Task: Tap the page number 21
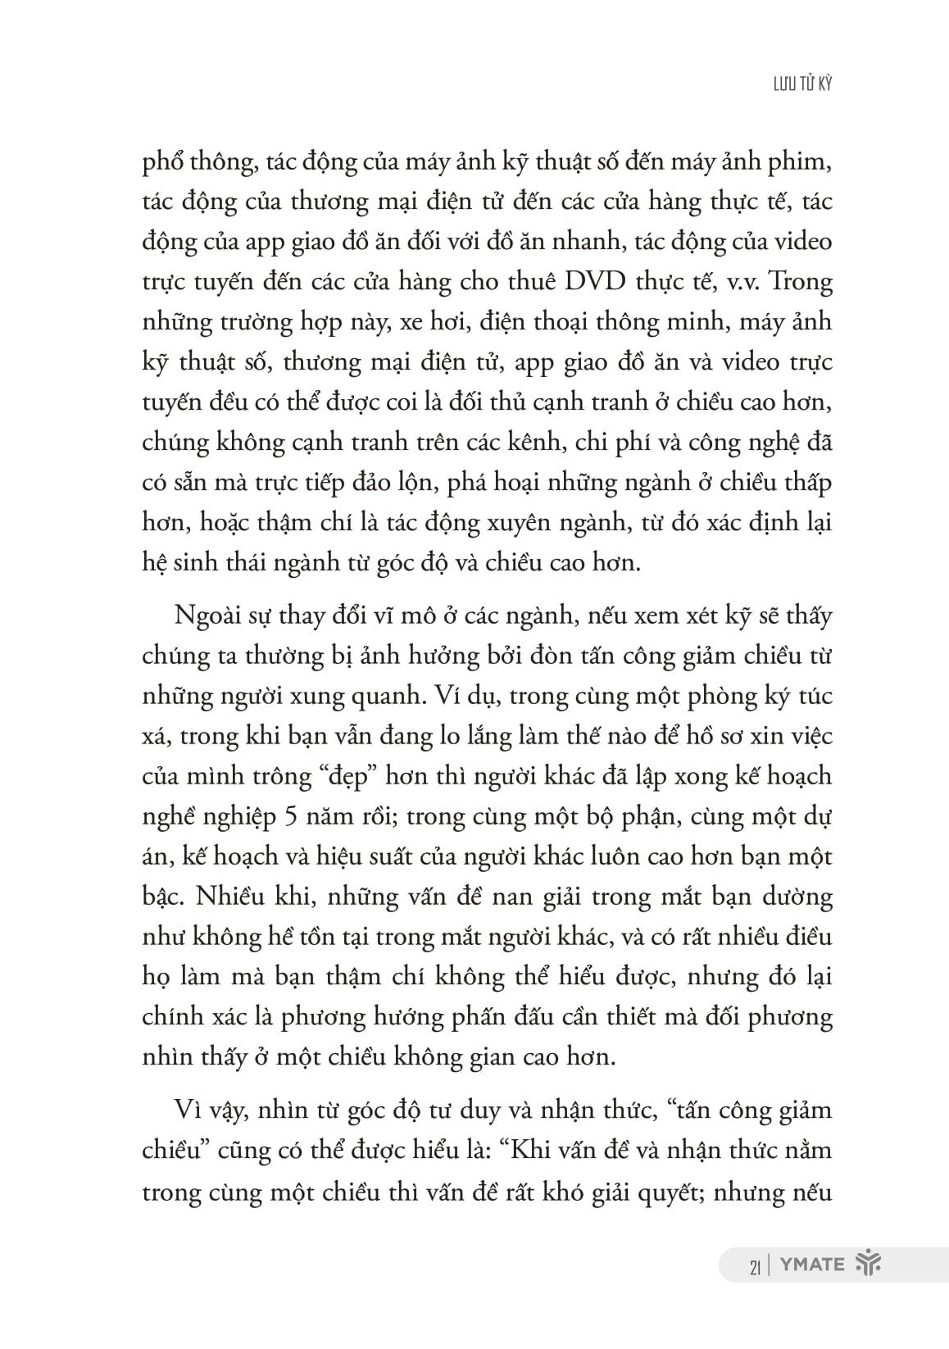click(x=756, y=1265)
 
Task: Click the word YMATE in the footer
click(x=811, y=1264)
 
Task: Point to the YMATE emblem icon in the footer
click(x=866, y=1264)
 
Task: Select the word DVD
click(x=583, y=282)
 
